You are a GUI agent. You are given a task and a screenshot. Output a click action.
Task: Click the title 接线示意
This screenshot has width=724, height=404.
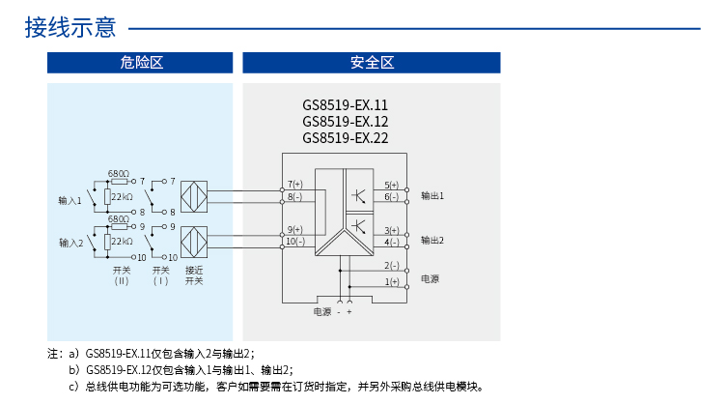point(70,28)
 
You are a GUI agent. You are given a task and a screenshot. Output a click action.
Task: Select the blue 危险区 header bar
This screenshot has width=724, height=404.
point(141,63)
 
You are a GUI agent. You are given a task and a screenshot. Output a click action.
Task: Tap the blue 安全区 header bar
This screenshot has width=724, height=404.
point(372,63)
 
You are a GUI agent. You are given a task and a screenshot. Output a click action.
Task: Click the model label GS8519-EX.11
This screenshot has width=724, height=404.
point(345,105)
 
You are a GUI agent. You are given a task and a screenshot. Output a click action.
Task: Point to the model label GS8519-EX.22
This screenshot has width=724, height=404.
point(345,137)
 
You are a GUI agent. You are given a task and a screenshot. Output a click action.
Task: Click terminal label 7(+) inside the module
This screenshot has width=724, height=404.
point(294,184)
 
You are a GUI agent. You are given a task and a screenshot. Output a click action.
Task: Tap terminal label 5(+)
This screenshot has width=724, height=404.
point(392,184)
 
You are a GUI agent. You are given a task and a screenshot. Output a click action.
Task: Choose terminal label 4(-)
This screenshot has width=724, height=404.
point(392,242)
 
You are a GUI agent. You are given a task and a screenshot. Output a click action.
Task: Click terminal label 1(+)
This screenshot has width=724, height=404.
point(392,281)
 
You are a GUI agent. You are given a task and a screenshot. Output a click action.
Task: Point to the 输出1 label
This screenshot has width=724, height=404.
point(432,195)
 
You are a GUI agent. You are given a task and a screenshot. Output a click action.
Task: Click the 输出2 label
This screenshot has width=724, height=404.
point(432,239)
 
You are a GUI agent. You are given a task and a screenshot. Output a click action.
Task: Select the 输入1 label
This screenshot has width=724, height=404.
point(70,200)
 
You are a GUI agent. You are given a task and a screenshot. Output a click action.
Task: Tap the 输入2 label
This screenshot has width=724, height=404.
point(70,243)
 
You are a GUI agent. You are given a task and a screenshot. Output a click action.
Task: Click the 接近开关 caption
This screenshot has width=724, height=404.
point(194,275)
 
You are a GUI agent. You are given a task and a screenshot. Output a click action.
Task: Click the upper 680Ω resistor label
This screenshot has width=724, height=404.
point(118,171)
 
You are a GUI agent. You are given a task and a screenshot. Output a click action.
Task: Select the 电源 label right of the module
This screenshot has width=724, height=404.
point(430,278)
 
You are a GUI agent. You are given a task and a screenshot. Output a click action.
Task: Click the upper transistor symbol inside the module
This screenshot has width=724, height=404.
point(358,194)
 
